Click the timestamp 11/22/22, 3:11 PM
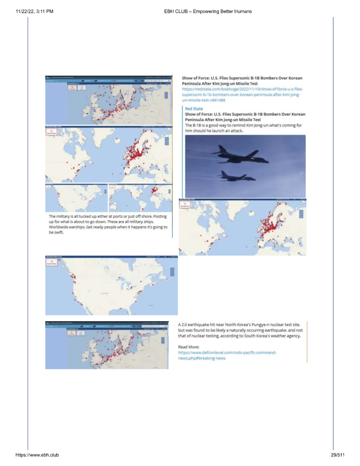click(35, 11)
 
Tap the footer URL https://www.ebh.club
click(37, 455)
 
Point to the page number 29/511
click(338, 455)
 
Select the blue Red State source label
click(194, 109)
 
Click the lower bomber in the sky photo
click(237, 175)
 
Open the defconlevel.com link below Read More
click(228, 355)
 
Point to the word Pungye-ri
click(248, 324)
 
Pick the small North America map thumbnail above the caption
click(76, 198)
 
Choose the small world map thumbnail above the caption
click(140, 198)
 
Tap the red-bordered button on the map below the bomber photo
click(185, 205)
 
